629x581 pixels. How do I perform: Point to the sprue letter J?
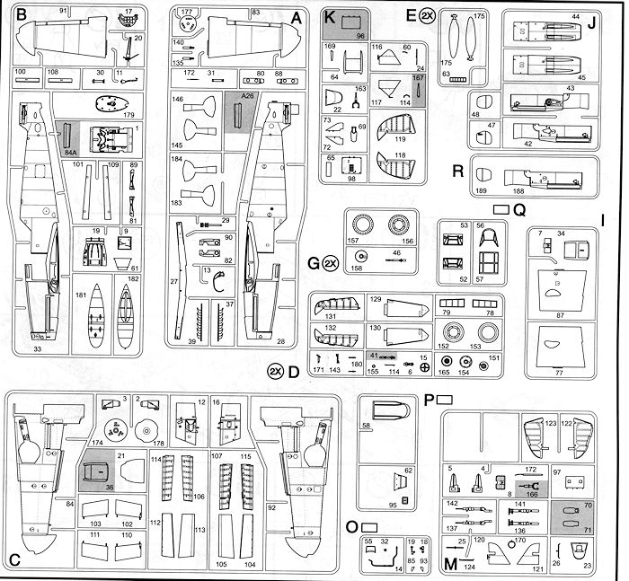[x=591, y=24]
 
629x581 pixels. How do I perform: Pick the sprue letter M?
[x=450, y=564]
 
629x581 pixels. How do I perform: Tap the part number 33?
[x=37, y=348]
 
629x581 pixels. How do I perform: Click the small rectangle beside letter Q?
[x=501, y=209]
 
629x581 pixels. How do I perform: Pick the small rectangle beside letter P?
[x=444, y=399]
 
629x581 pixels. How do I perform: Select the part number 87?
[x=560, y=316]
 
